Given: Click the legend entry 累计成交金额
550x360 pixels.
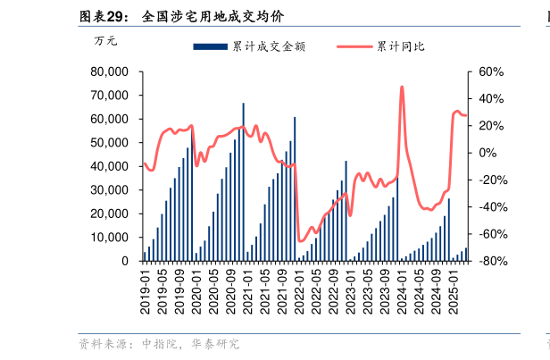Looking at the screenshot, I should [x=268, y=46].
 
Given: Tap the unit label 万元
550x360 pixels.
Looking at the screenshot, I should [x=105, y=40].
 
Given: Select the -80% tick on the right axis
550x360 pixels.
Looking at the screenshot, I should [x=492, y=261].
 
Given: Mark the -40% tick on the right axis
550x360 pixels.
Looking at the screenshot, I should [x=492, y=207].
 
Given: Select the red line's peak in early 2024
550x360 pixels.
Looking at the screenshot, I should [x=402, y=87].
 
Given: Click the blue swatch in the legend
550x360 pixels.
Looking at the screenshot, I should [x=211, y=46].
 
